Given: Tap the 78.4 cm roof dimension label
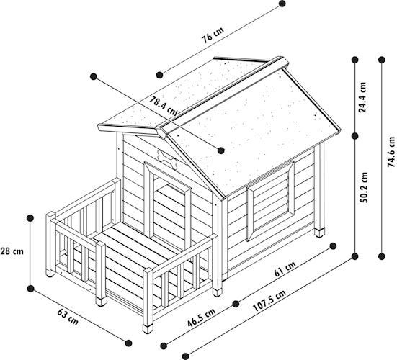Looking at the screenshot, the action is (163, 106).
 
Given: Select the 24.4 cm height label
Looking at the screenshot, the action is (362, 97).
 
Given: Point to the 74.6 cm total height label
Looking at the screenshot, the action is (391, 152).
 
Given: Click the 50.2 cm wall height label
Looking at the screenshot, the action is (364, 187).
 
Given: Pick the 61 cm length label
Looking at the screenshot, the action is (285, 269).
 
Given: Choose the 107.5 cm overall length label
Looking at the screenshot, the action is (269, 301).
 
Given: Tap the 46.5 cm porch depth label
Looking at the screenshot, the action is (201, 318).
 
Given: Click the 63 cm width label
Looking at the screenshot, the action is (68, 317).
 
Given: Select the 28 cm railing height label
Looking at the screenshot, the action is (12, 251).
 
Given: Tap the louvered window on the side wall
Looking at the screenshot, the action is (271, 200).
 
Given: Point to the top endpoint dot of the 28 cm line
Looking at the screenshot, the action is (30, 218).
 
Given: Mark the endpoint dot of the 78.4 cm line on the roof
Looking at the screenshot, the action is (220, 150).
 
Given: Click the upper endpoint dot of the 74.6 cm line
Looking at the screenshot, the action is (382, 60).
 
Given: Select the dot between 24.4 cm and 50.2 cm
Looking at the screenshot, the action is (355, 136).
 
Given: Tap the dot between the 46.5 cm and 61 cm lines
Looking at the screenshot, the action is (236, 304).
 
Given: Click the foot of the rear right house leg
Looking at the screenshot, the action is (319, 233).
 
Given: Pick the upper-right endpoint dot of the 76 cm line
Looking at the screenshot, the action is (282, 4).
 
